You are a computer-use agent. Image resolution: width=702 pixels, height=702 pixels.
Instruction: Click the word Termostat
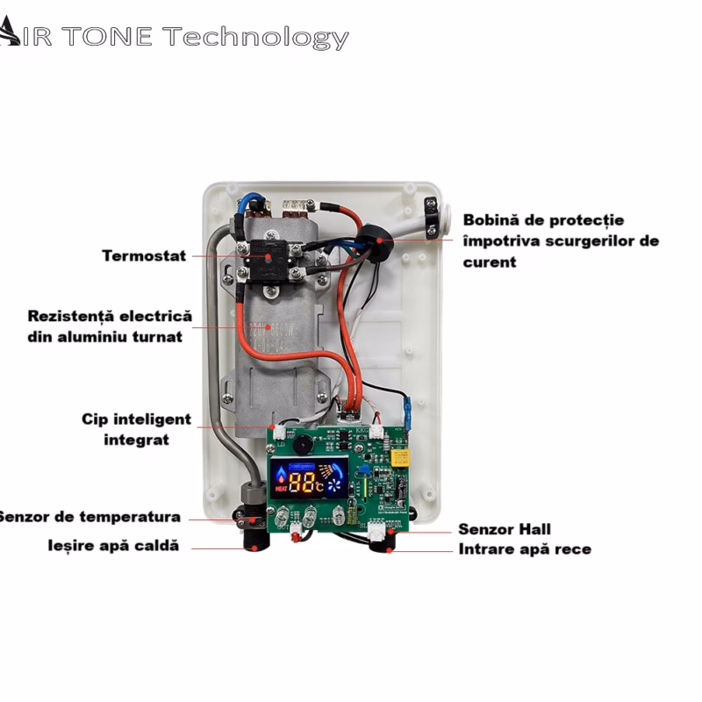(x=144, y=256)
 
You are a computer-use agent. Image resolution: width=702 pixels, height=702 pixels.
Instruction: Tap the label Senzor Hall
(x=505, y=529)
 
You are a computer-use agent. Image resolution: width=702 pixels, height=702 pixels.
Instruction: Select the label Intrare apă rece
(x=525, y=549)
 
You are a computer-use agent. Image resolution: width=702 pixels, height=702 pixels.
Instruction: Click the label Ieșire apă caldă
(x=113, y=546)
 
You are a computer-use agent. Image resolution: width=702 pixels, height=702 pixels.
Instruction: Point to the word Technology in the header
(x=255, y=37)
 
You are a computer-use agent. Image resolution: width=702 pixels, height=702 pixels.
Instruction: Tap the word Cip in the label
(x=96, y=419)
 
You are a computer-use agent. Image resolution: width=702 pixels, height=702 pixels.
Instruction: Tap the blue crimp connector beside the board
(x=407, y=408)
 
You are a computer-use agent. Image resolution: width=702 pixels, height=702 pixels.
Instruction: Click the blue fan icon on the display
(x=334, y=484)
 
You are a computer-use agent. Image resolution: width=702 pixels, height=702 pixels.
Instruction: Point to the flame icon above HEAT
(x=282, y=474)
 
